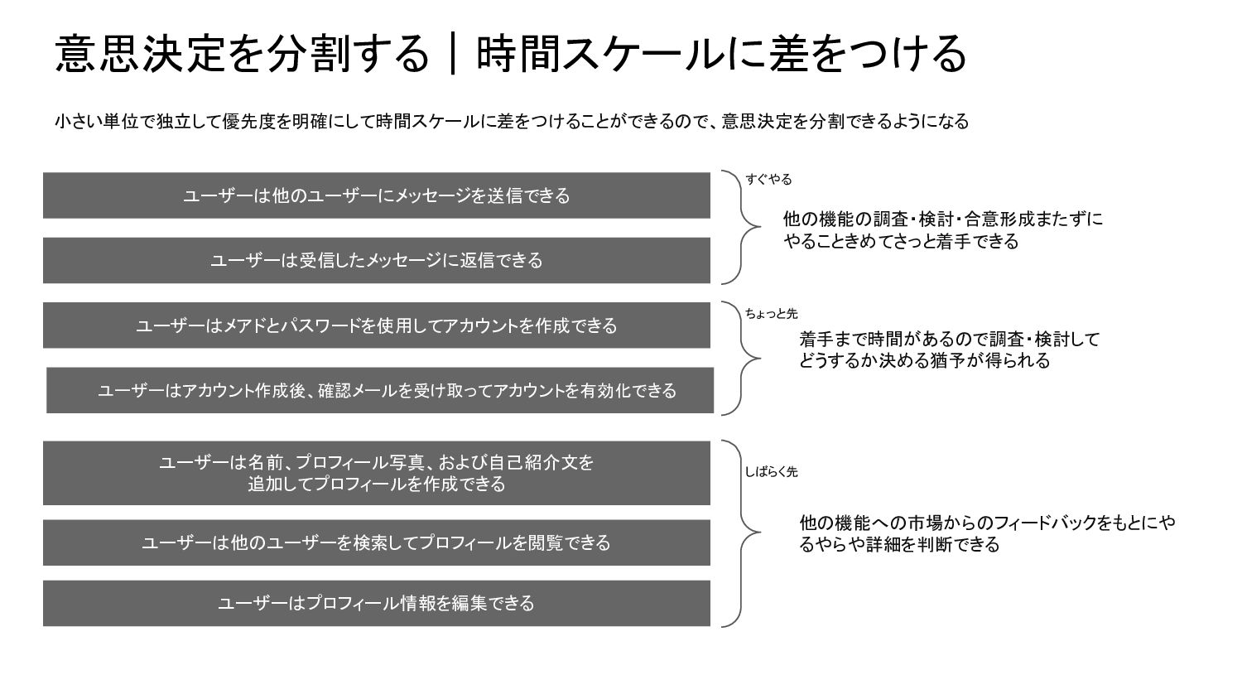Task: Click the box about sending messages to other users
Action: coord(377,195)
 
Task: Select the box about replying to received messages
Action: coord(377,260)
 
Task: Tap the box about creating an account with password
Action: coord(377,325)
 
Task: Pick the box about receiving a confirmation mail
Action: coord(380,390)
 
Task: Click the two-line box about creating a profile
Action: coord(377,473)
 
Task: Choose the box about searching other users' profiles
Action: coord(377,542)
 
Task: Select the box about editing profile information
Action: coord(377,603)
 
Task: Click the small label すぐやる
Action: coord(768,179)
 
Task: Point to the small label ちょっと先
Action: coord(771,313)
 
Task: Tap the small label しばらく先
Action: coord(771,471)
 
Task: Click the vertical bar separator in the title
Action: coord(452,54)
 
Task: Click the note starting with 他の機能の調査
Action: coord(942,230)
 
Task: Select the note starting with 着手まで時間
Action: coord(949,349)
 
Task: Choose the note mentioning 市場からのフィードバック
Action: coord(986,533)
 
